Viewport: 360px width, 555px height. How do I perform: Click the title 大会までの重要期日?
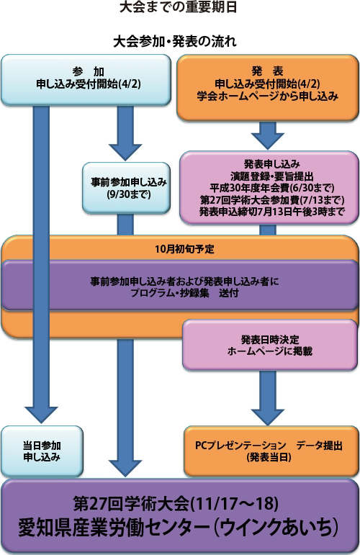pos(178,7)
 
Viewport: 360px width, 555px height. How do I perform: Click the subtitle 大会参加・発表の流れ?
pos(175,42)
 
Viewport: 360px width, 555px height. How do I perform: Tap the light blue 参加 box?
pos(86,80)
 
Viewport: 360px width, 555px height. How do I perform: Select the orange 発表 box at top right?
pos(268,88)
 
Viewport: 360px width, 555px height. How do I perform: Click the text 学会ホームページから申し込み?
pos(268,96)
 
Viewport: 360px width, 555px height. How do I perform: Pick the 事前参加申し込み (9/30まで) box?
pos(127,188)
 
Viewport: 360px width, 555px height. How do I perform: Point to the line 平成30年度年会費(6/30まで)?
pos(272,188)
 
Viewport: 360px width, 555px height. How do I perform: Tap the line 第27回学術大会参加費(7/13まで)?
pos(272,200)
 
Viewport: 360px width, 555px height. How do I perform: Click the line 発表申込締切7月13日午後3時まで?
pos(272,212)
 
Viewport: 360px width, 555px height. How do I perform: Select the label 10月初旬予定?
pos(184,249)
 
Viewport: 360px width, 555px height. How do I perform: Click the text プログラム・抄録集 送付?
pos(184,293)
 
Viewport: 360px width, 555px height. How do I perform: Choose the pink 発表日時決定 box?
pos(270,345)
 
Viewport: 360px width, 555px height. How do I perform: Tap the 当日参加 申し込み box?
pos(42,451)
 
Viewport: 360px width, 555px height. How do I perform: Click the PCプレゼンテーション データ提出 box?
pos(271,451)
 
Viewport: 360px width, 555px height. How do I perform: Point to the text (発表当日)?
pos(269,457)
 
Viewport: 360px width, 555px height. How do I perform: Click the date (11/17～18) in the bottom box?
pos(234,503)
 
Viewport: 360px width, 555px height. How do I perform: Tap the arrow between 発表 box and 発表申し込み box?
pos(268,135)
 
